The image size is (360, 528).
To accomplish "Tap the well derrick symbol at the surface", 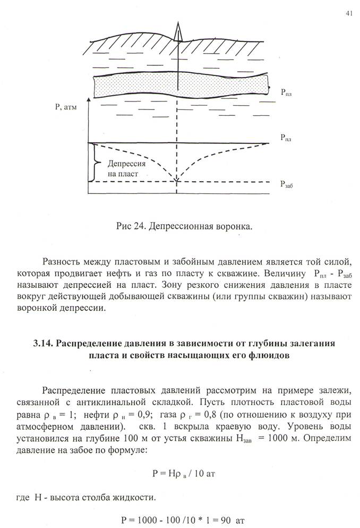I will [x=179, y=32].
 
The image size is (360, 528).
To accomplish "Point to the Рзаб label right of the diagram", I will [x=287, y=184].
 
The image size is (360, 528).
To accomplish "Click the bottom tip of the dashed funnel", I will [x=177, y=181].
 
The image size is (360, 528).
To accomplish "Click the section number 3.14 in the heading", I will [x=43, y=344].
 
